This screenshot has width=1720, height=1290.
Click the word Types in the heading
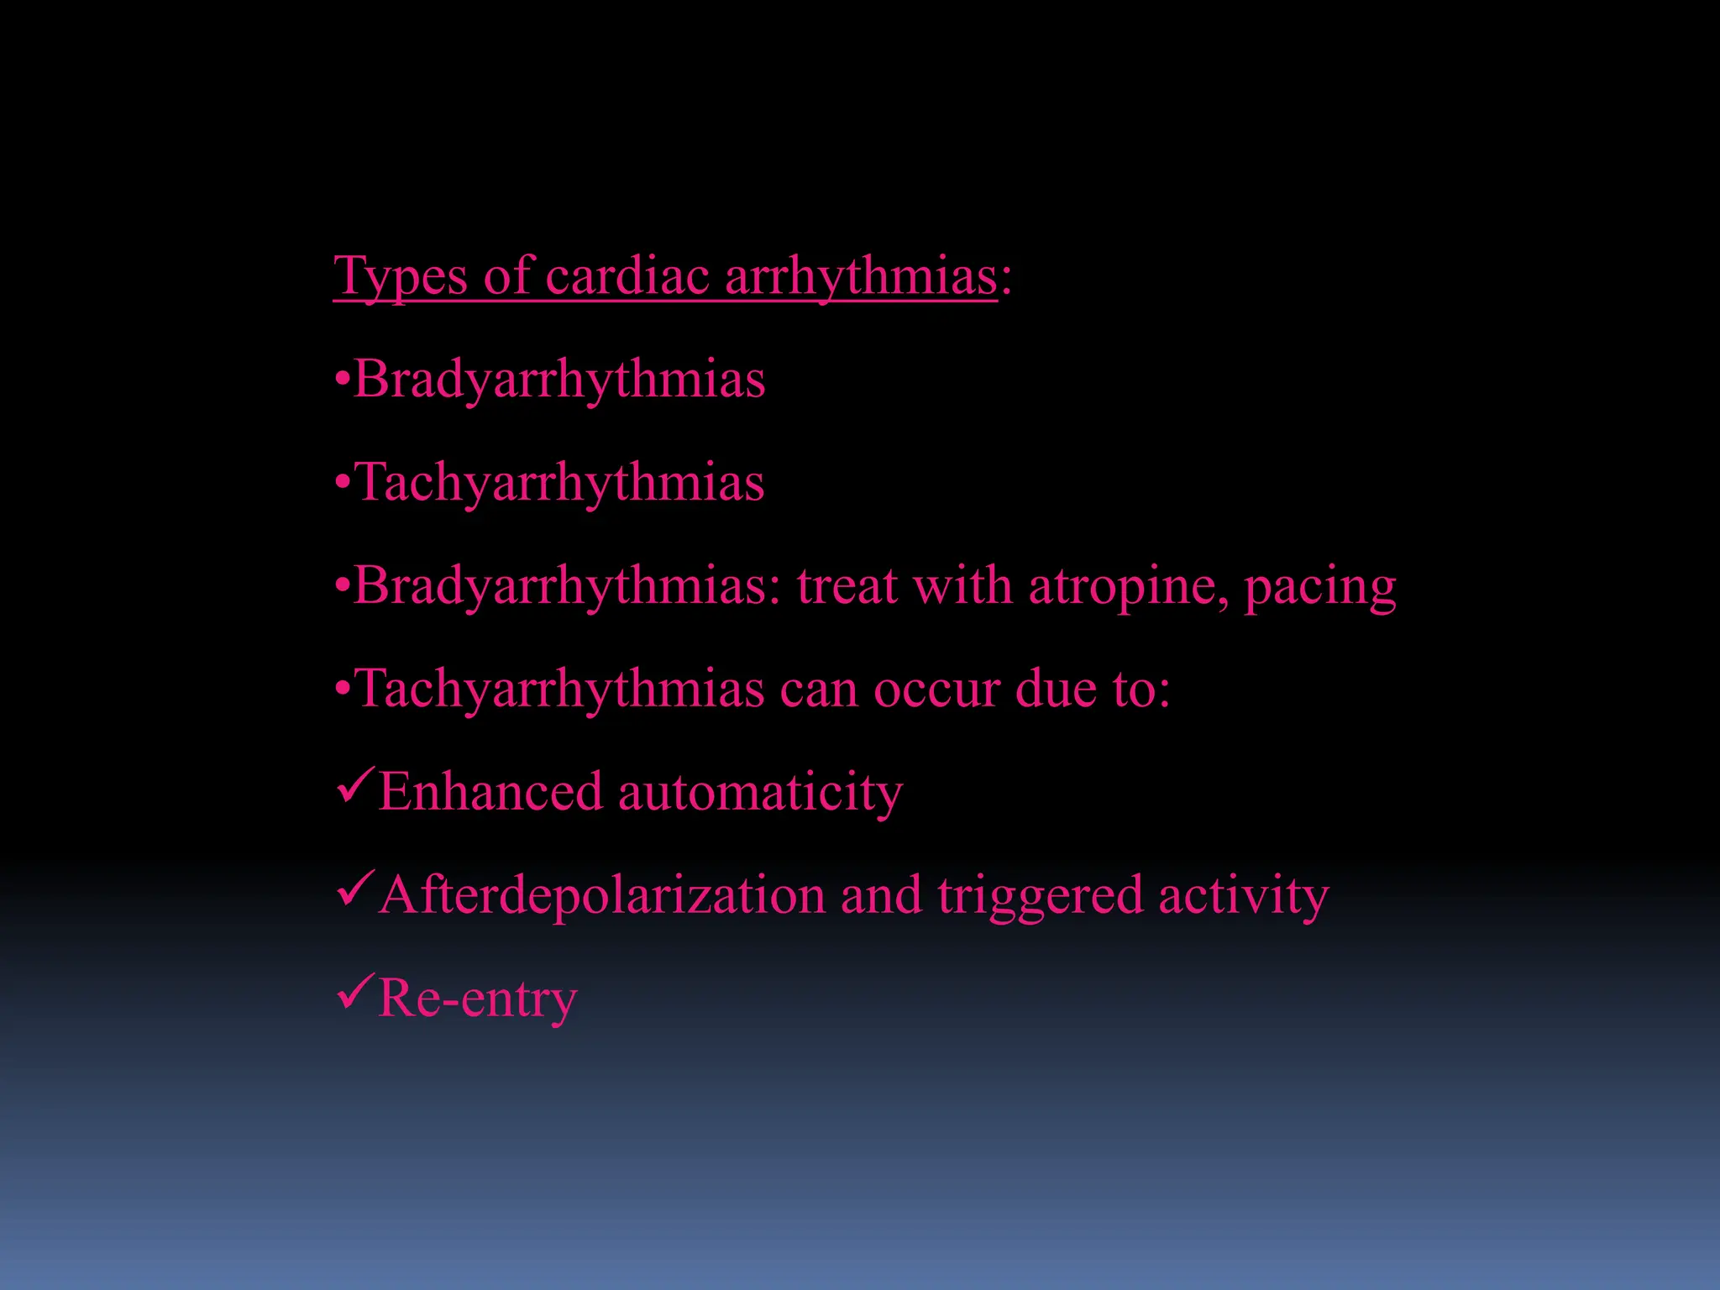400,277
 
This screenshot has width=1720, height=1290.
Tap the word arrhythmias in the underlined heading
861,277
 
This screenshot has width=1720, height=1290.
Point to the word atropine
1129,586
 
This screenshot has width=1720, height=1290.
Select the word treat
847,586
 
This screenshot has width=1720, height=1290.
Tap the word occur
936,690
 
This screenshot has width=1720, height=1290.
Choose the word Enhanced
490,792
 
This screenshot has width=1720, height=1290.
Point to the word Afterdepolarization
602,896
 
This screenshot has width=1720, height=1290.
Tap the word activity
1243,896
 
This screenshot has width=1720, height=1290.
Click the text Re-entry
477,999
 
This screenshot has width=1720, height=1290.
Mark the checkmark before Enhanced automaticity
354,788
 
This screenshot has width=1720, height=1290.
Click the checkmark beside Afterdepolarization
354,891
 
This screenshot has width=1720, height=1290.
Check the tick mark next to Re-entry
354,994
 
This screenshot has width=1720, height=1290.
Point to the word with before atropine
962,586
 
